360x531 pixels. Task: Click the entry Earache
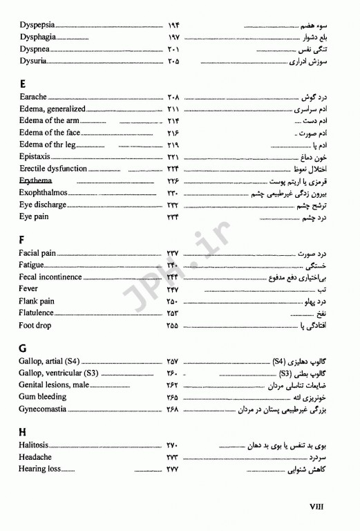coord(33,97)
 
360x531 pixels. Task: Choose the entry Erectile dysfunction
coord(53,169)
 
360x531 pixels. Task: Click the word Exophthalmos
coord(45,193)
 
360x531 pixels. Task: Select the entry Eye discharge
coord(43,205)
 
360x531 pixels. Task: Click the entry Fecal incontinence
coord(50,277)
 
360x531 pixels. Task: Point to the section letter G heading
coord(23,347)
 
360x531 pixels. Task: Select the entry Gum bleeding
coord(43,397)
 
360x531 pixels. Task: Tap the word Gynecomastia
coord(43,409)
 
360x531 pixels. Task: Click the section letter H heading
coord(23,431)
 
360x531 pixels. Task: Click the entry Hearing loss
coord(40,469)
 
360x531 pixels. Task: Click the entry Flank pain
coord(37,301)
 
